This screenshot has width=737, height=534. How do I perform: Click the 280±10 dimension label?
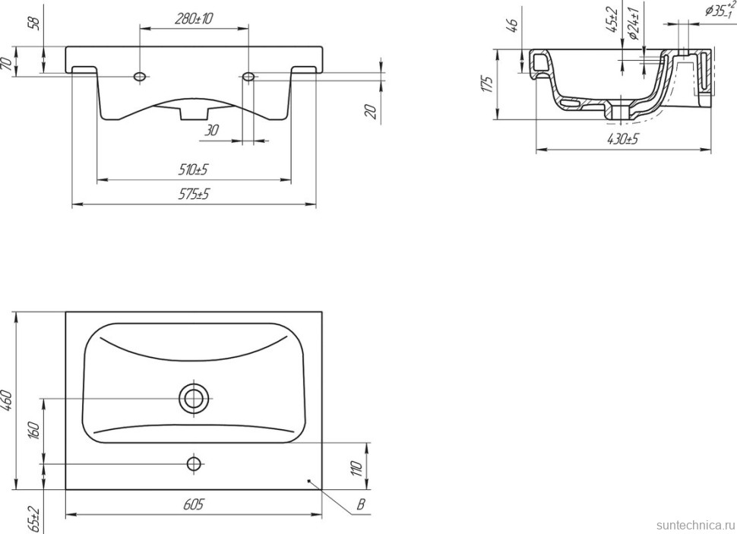[x=194, y=18]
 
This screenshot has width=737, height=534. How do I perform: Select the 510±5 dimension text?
[x=193, y=169]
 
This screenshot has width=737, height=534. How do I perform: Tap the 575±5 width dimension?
[x=193, y=194]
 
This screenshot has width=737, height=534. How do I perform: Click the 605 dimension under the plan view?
[x=193, y=504]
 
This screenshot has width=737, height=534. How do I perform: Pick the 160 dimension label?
[x=35, y=430]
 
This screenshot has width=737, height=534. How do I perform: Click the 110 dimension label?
[x=357, y=468]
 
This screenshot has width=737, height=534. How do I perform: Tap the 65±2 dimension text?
[x=35, y=519]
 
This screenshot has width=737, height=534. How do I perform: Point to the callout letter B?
[x=360, y=505]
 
